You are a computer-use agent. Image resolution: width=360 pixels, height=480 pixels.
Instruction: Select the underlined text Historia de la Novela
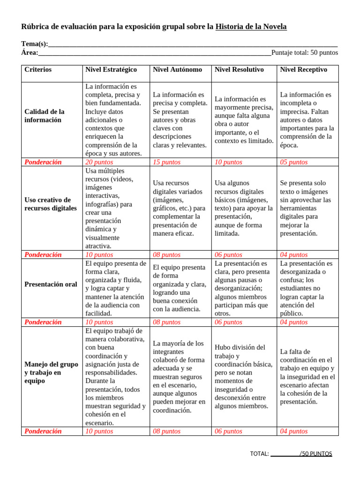pyautogui.click(x=251, y=27)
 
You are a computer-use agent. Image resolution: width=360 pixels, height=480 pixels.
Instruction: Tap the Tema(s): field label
pyautogui.click(x=35, y=44)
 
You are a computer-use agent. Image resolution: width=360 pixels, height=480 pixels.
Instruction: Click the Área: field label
pyautogui.click(x=30, y=52)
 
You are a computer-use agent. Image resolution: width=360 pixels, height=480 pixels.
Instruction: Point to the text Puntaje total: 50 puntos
pyautogui.click(x=305, y=52)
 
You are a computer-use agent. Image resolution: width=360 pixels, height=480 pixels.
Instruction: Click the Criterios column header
pyautogui.click(x=38, y=69)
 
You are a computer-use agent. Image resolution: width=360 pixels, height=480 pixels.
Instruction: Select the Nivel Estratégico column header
pyautogui.click(x=111, y=69)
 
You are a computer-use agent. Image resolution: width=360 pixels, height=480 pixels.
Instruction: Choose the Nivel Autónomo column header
pyautogui.click(x=178, y=69)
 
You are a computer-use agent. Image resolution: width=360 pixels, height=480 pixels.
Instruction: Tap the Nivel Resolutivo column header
pyautogui.click(x=239, y=69)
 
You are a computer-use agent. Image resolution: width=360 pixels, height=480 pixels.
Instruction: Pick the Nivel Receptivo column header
pyautogui.click(x=304, y=69)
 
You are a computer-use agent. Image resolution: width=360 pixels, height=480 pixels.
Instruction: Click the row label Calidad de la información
pyautogui.click(x=45, y=116)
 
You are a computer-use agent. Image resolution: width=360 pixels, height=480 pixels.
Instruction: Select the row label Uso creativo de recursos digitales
pyautogui.click(x=50, y=204)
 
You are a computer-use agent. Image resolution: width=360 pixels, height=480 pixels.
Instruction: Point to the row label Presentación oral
pyautogui.click(x=51, y=284)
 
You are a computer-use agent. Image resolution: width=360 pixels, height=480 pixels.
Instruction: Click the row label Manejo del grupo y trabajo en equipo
pyautogui.click(x=51, y=373)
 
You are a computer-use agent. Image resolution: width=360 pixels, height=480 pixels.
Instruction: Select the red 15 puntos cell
pyautogui.click(x=167, y=162)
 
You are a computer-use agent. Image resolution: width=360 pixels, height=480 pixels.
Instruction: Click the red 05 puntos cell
pyautogui.click(x=294, y=162)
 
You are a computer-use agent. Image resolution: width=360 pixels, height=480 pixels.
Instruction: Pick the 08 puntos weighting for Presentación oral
pyautogui.click(x=167, y=322)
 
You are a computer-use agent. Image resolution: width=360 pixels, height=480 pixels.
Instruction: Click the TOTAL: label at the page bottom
pyautogui.click(x=259, y=454)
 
